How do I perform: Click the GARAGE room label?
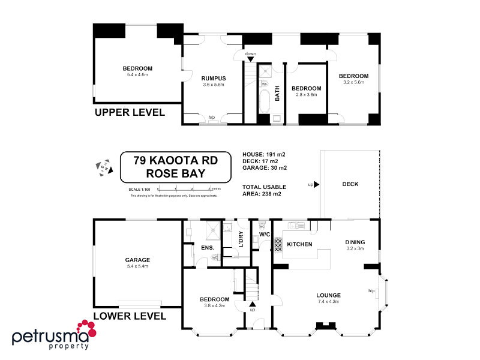click(x=137, y=260)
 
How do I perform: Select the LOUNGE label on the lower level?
click(x=329, y=295)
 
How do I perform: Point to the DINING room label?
click(x=355, y=242)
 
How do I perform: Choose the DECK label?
click(x=350, y=184)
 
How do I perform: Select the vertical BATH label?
click(x=277, y=94)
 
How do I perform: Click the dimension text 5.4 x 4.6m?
click(x=137, y=75)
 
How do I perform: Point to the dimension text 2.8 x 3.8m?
click(x=306, y=95)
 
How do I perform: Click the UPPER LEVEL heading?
click(x=129, y=112)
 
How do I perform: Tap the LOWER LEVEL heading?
click(x=130, y=315)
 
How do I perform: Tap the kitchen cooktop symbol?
click(x=278, y=244)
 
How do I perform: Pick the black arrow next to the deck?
click(x=316, y=185)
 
